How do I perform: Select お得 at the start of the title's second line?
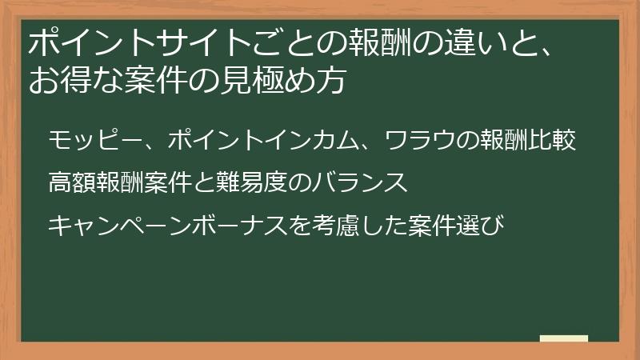tap(59, 80)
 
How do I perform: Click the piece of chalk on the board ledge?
tap(563, 338)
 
